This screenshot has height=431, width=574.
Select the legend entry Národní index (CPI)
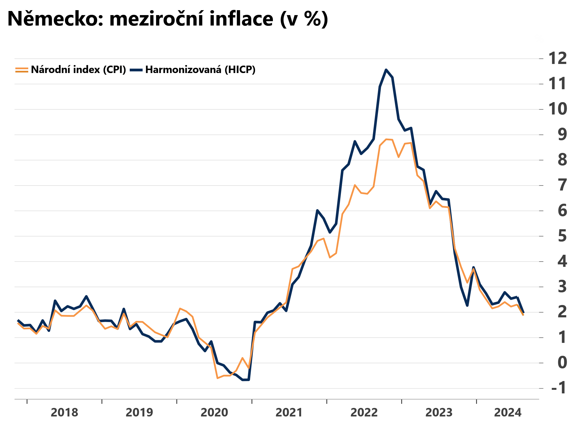(78, 70)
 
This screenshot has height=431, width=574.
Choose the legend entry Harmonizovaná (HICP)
(200, 70)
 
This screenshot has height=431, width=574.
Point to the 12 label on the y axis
(557, 58)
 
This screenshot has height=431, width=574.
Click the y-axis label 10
(557, 109)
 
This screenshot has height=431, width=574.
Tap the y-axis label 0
(562, 363)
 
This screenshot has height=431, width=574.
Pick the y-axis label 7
(562, 185)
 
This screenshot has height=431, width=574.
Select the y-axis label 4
(562, 261)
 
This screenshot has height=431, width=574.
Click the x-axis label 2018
(64, 413)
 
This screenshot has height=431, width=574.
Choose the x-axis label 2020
(214, 413)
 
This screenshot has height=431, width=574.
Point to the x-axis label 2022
(364, 413)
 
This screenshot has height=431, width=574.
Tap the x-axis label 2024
(508, 413)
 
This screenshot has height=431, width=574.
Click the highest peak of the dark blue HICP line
(386, 70)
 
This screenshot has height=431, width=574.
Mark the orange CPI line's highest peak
(386, 139)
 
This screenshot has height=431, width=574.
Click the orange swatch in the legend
(22, 70)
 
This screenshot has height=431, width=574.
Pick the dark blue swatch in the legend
(136, 70)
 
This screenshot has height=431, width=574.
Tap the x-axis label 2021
(289, 413)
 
